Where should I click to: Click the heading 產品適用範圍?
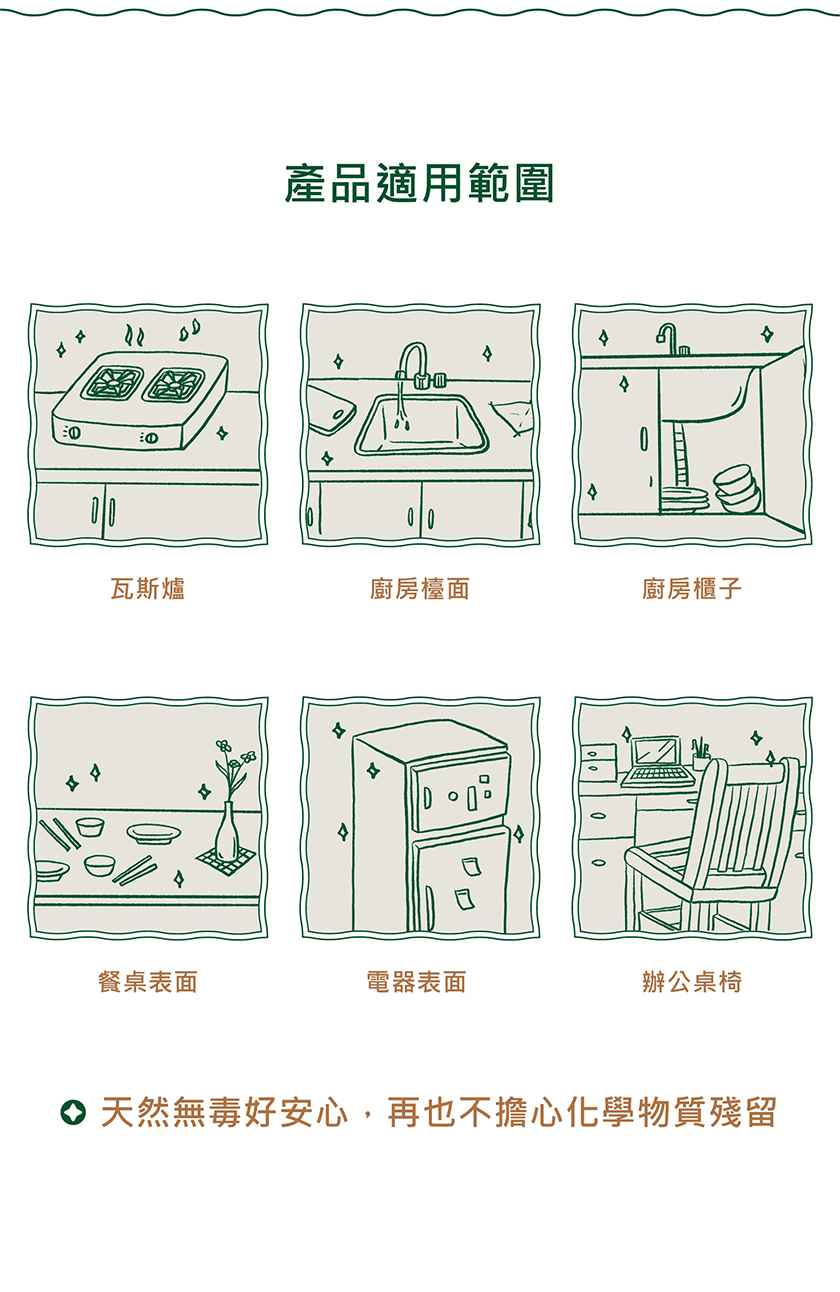419,183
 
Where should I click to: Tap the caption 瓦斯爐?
148,589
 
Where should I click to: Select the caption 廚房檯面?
419,589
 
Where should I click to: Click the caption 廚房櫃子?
692,589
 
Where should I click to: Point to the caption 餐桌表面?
148,982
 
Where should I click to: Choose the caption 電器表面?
417,982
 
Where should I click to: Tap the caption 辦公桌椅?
692,982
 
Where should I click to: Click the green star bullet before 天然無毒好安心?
73,1112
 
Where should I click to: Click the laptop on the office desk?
658,761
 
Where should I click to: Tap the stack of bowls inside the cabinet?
737,489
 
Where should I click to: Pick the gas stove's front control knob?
152,438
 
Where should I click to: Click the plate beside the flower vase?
153,833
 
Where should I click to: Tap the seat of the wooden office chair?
701,870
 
